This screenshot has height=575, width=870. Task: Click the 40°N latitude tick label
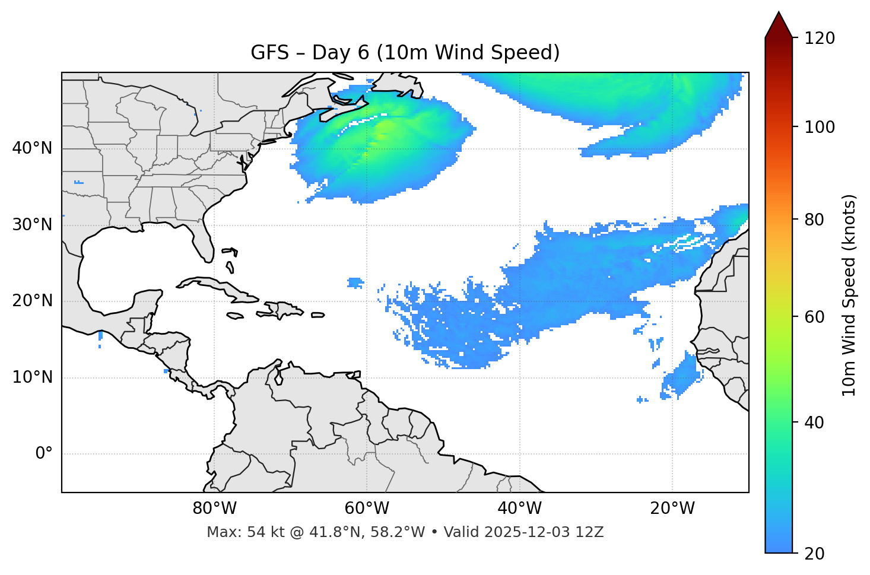(32, 148)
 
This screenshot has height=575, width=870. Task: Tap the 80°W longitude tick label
(214, 509)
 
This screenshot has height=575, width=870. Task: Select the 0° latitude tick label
(44, 454)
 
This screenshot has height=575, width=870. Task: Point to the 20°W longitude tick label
(672, 509)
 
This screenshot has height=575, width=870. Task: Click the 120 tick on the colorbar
(820, 39)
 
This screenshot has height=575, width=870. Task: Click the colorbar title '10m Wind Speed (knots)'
(849, 295)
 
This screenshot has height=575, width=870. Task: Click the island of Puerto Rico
(317, 315)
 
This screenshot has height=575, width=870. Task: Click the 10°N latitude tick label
(32, 377)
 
